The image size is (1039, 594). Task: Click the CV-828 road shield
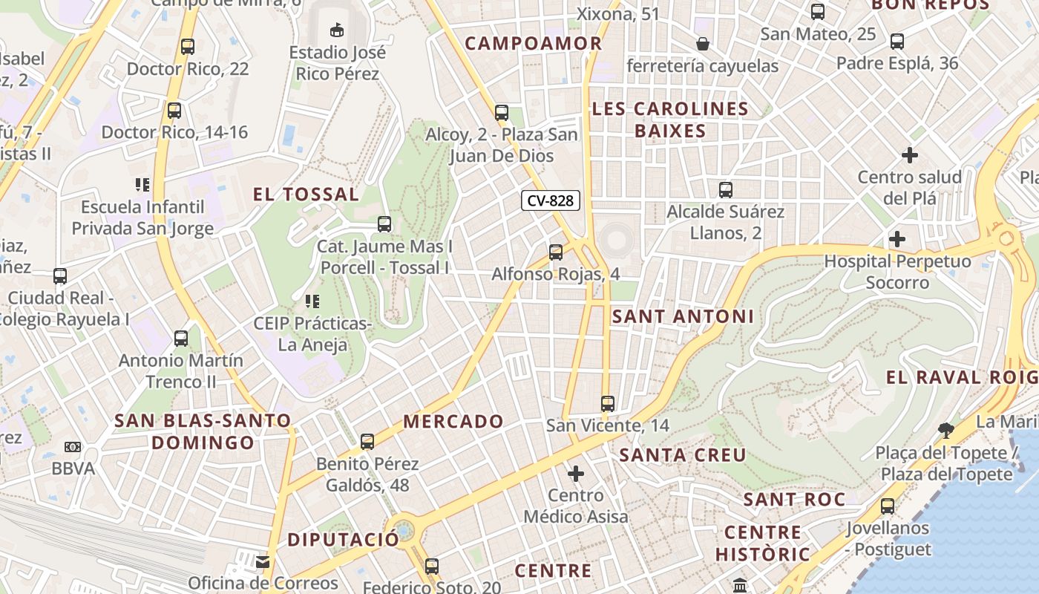point(550,200)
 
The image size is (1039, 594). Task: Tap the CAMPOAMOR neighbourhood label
point(534,43)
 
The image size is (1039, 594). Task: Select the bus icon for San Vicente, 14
point(608,404)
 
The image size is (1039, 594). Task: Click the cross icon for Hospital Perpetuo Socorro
point(897,239)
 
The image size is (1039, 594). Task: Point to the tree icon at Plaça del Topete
point(945,430)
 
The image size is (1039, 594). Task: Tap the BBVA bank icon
point(73,447)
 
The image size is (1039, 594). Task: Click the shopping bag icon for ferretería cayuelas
point(703,45)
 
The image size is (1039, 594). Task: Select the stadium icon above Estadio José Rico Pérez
point(337,30)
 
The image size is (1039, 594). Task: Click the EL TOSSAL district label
point(306,195)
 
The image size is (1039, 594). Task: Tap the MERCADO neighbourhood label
point(453,422)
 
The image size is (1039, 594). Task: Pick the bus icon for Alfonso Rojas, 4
point(556,252)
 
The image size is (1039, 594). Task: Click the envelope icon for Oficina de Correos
point(263,561)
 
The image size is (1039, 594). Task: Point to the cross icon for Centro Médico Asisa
point(576,473)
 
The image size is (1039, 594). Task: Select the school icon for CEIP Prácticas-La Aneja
point(312,301)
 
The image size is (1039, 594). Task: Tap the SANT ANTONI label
point(683,316)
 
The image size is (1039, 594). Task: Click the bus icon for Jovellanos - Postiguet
point(888,506)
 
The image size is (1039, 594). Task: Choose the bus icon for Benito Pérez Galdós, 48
point(367,442)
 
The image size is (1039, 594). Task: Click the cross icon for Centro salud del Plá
point(910,155)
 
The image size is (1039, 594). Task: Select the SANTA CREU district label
point(683,455)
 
